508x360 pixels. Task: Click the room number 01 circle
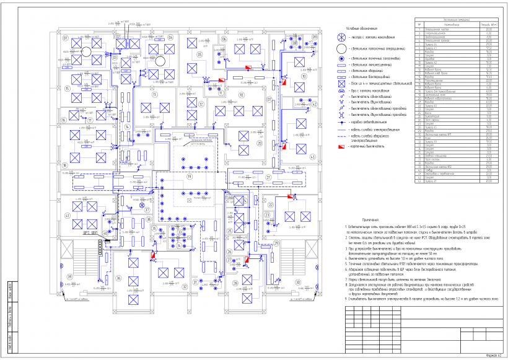pos(64,37)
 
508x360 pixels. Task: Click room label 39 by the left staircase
pos(70,276)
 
